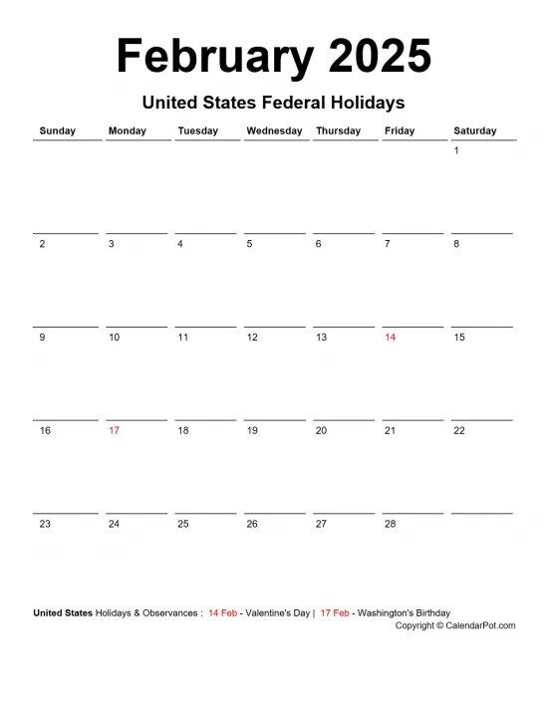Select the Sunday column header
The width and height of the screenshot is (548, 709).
click(x=57, y=130)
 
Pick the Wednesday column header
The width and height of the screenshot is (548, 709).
click(x=274, y=130)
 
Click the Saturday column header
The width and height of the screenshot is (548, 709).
click(x=475, y=130)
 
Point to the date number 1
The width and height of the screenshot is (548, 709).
click(x=456, y=151)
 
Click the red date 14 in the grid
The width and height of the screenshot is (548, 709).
click(x=391, y=338)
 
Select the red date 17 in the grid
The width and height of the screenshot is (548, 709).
click(x=114, y=431)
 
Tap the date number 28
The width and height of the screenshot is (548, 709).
click(x=391, y=524)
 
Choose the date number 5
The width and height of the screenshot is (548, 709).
click(x=249, y=244)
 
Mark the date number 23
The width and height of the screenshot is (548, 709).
click(x=45, y=524)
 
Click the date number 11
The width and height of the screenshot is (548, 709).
click(x=183, y=338)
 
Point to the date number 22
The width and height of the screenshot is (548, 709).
click(x=459, y=431)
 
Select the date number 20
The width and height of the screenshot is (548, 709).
click(x=321, y=431)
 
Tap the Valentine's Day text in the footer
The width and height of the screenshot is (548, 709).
click(x=275, y=613)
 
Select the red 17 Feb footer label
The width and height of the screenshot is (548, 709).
click(x=335, y=613)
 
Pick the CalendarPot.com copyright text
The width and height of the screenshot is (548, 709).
click(x=455, y=625)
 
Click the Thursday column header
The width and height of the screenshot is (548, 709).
click(x=338, y=130)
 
